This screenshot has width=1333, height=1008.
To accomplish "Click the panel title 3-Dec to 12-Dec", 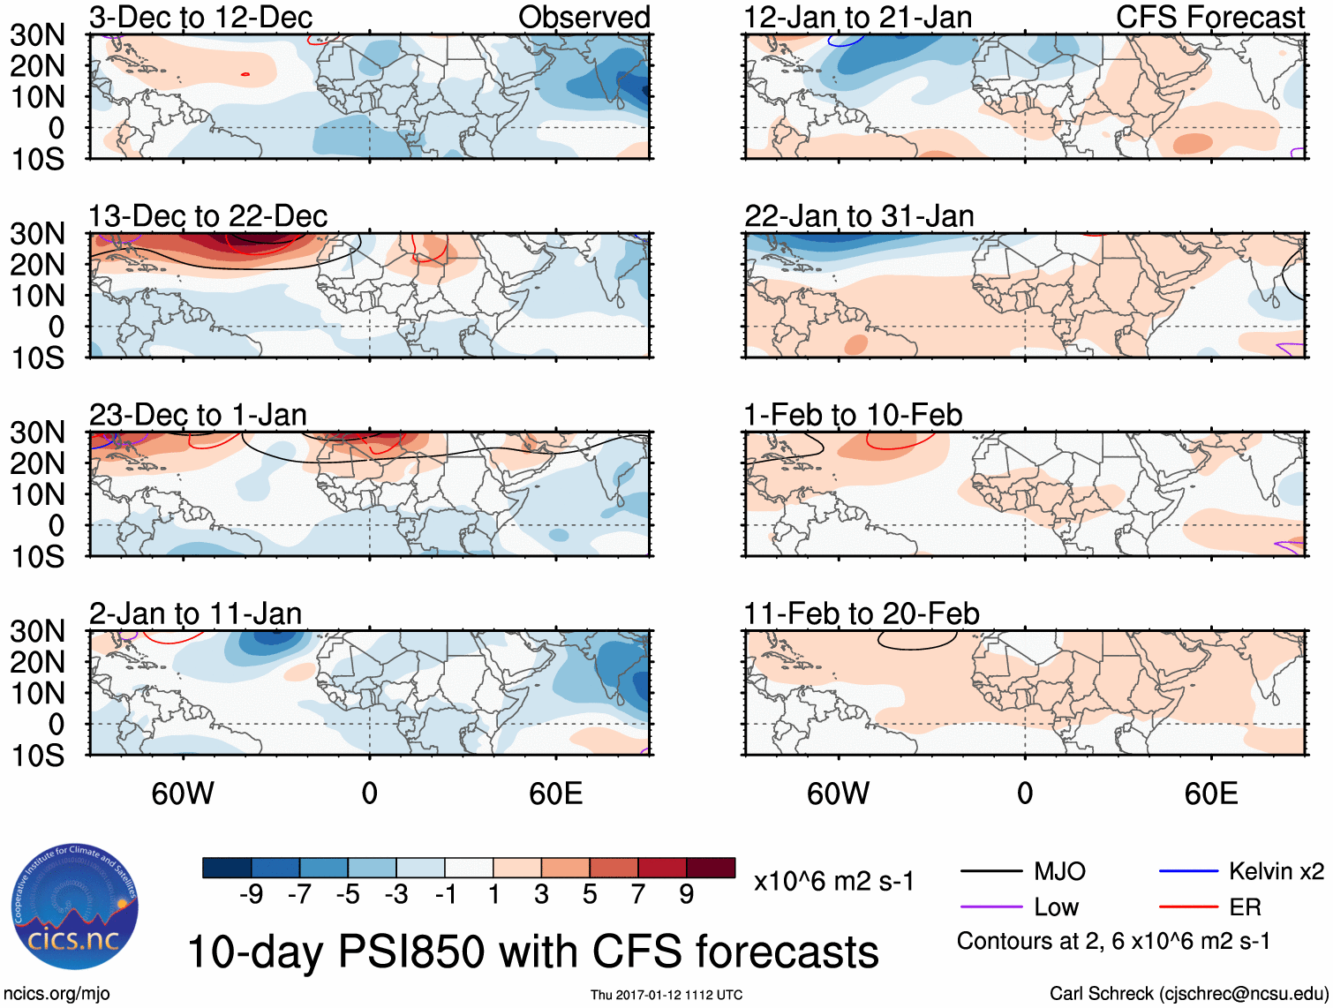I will coord(200,17).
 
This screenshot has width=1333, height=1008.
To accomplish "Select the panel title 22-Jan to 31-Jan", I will coord(858,215).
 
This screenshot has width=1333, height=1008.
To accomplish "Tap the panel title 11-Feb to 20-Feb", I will coord(861,613).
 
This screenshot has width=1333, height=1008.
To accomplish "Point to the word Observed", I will coord(584,17).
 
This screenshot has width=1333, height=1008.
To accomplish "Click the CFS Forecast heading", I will coord(1209,17).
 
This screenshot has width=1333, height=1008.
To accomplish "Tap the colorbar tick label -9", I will coord(251,894).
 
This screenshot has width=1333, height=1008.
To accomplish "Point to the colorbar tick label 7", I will coord(638,894).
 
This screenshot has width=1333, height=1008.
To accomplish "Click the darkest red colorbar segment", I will coord(711,868).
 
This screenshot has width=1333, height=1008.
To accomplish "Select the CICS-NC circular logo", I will coord(75,906).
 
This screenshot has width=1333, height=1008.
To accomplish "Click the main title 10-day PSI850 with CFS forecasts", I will coord(533,952).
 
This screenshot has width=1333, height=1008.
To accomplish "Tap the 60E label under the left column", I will coord(555,794).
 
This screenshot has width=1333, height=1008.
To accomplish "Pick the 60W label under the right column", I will coord(838,794).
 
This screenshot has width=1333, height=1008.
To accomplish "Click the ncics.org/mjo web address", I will coord(56,993).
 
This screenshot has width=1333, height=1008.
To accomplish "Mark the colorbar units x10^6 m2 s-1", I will coord(833,881).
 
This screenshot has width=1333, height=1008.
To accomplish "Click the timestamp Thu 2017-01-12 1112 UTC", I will coord(666,995).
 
